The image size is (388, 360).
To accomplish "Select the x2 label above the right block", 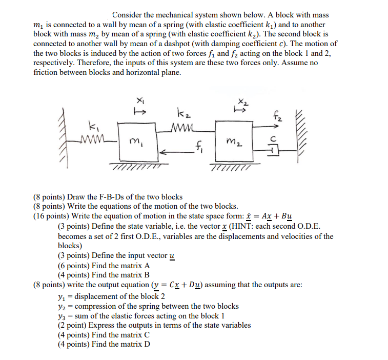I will click(239, 103).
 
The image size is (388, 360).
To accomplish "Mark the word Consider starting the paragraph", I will click(128, 15).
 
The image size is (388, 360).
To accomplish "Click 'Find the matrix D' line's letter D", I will click(147, 344).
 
